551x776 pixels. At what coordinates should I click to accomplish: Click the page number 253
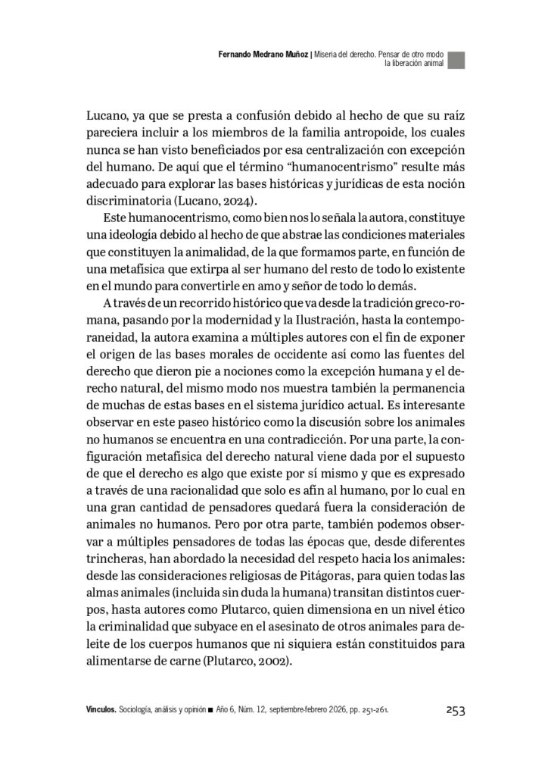(x=454, y=710)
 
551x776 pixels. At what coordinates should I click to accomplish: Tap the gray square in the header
(x=456, y=61)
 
